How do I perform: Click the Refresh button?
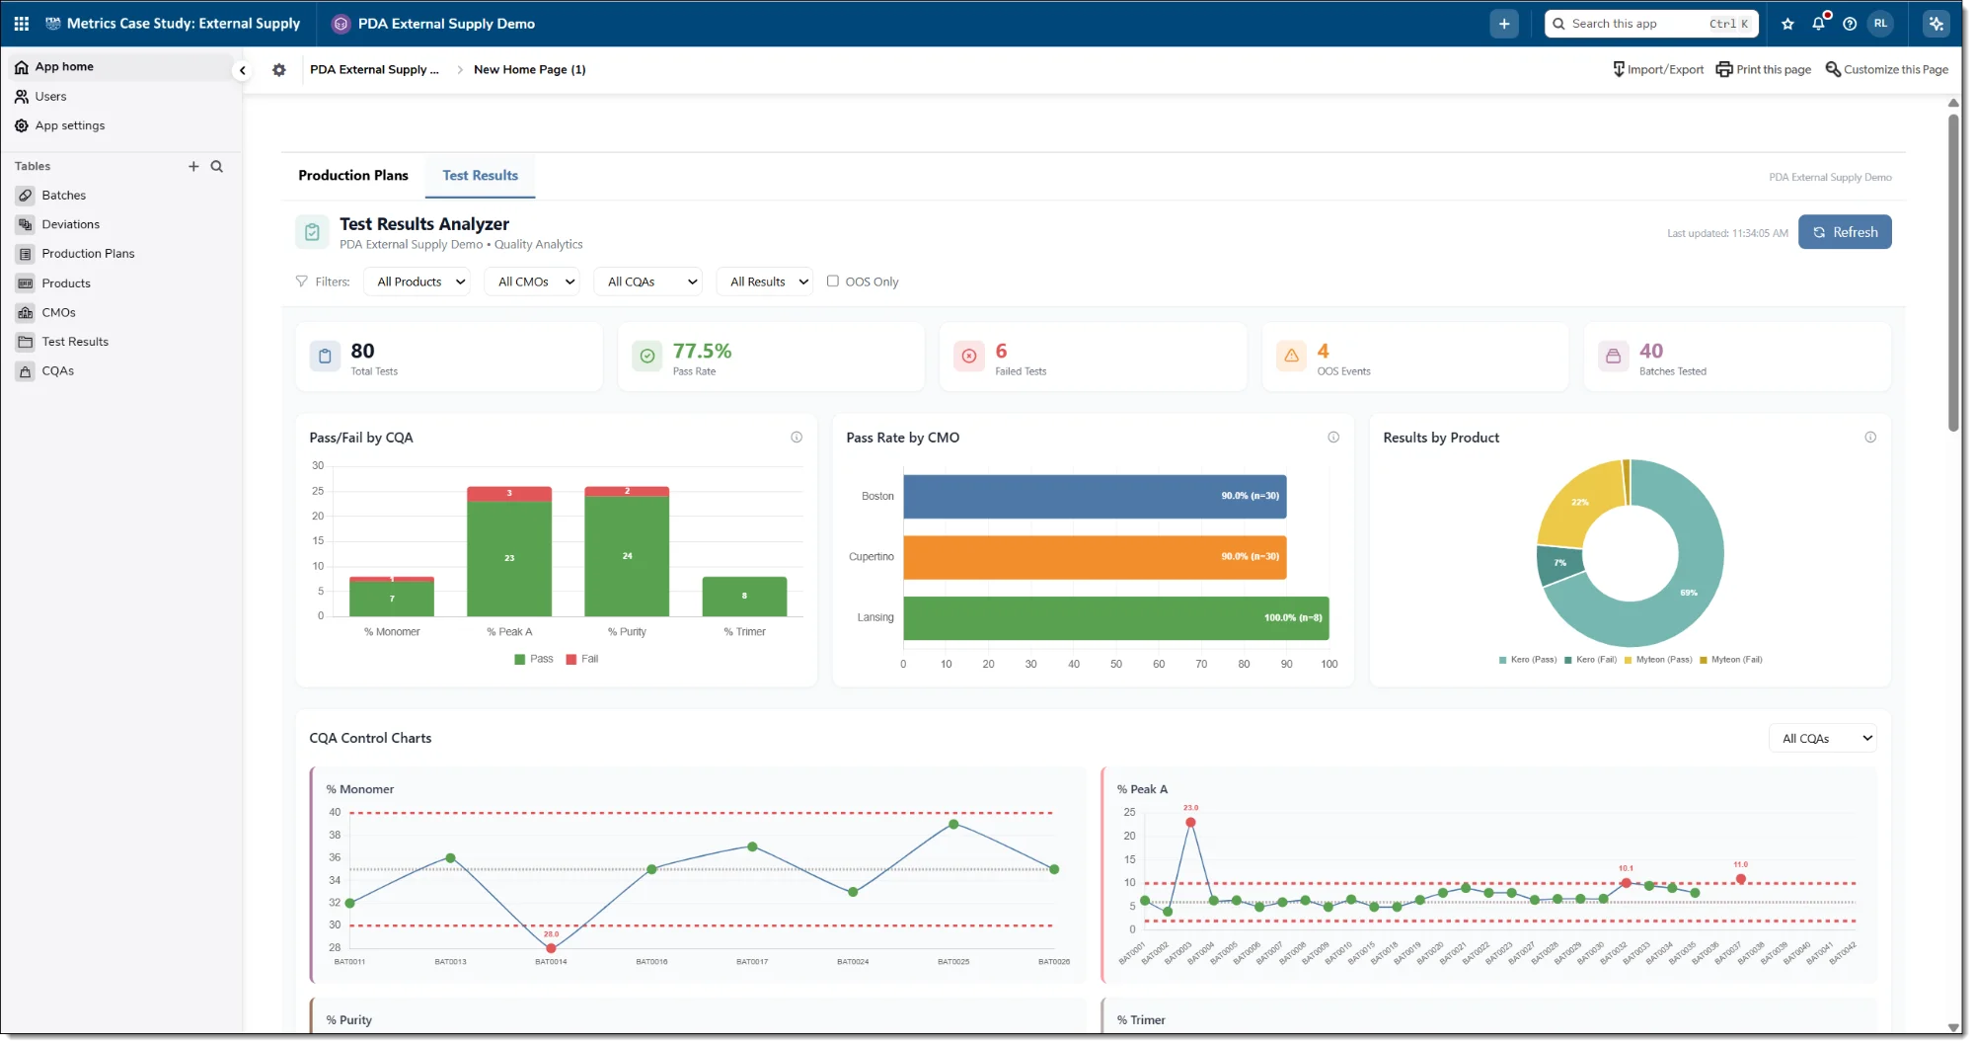(x=1844, y=232)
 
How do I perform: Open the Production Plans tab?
(x=352, y=175)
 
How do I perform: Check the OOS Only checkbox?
(x=833, y=281)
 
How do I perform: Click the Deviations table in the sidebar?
(x=70, y=224)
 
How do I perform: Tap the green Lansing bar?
(x=1115, y=617)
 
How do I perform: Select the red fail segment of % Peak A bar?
(x=509, y=493)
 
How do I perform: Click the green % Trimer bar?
(x=744, y=597)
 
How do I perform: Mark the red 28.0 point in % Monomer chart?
(x=551, y=948)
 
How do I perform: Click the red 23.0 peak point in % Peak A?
(x=1190, y=822)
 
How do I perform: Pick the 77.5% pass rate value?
(x=702, y=351)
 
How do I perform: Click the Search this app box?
(x=1638, y=24)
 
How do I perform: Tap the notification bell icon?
(x=1818, y=24)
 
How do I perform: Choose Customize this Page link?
(x=1886, y=69)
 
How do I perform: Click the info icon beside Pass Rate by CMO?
(x=1332, y=438)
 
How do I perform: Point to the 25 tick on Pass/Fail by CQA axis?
(x=318, y=491)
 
